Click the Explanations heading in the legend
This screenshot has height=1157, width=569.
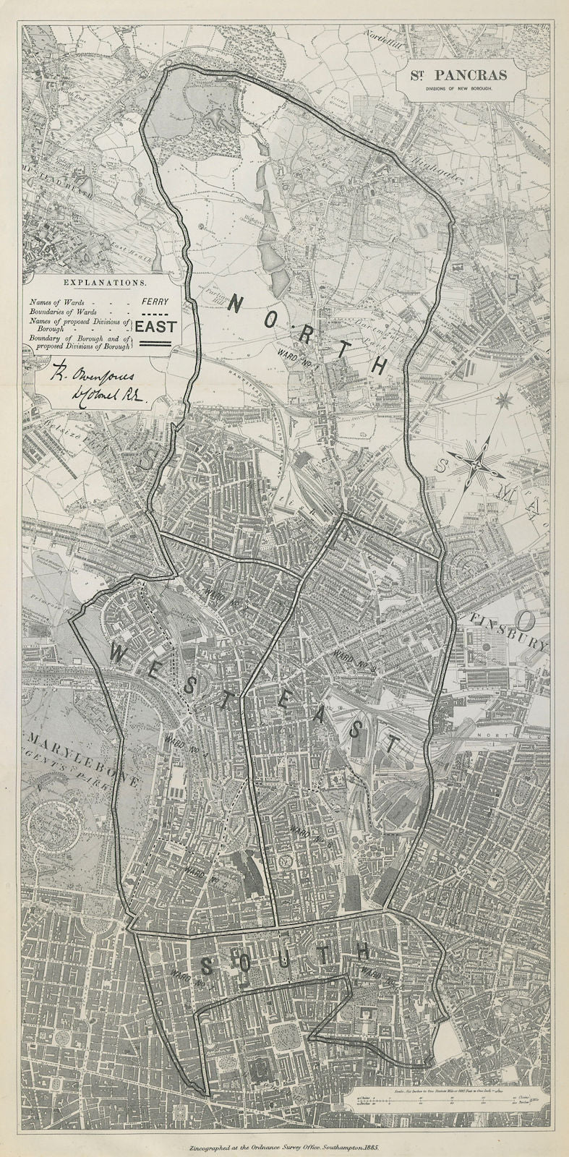pos(96,283)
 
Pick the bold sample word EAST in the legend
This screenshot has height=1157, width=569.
pos(155,326)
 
